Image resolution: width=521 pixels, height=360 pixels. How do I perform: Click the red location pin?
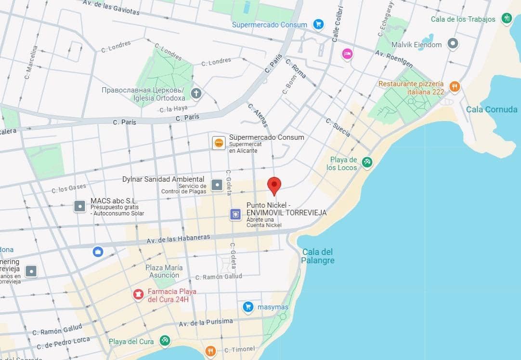pos(274,185)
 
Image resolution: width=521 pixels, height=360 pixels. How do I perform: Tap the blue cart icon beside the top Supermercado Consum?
pos(318,24)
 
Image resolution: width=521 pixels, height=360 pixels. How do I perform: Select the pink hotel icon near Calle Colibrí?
pos(347,53)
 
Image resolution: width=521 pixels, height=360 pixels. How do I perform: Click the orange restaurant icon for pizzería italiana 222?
pos(454,87)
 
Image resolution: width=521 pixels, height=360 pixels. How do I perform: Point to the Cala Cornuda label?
pos(491,109)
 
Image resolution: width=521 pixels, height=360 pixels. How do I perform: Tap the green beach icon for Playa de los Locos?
pos(367,163)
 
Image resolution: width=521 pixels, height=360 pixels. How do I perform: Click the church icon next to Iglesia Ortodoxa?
pos(195,93)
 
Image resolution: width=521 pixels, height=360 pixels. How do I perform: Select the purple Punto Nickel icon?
pos(235,214)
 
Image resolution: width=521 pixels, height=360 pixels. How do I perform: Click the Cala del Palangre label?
pos(318,256)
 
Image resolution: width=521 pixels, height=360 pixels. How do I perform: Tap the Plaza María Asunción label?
pos(164,271)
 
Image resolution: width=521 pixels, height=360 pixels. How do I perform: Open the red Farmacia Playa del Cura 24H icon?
pos(138,294)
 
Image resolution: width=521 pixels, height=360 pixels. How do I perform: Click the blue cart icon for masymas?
pos(248,307)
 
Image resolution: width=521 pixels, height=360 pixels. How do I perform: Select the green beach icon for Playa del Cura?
pos(165,341)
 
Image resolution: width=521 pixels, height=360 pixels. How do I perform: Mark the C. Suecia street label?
pos(338,127)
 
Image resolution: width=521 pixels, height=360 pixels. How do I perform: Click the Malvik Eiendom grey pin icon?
pos(452,44)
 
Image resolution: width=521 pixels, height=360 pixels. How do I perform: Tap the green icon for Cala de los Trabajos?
pos(506,19)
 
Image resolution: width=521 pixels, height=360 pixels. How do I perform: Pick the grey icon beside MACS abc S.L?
pos(79,207)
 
